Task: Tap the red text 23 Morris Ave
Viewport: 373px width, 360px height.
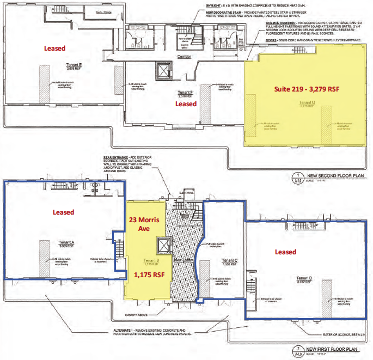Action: point(140,227)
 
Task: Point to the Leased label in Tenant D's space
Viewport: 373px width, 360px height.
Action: point(285,252)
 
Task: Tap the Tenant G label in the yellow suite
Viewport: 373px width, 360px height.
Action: point(308,102)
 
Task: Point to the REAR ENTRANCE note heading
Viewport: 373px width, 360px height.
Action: point(107,157)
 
